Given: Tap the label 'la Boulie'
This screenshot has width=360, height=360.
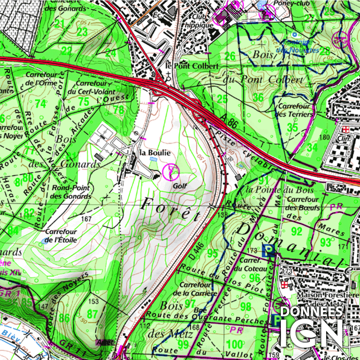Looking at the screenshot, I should click(155, 153).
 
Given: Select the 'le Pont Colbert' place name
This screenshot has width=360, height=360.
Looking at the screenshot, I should click(192, 66).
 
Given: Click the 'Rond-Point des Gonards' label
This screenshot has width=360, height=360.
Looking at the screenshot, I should click(71, 192).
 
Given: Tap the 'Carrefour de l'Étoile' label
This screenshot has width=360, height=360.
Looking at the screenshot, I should click(61, 236).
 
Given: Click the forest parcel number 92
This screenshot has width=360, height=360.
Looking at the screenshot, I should click(297, 231).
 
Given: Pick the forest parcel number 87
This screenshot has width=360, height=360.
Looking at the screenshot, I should click(92, 314).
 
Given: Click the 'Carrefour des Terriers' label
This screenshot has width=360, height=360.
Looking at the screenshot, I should click(294, 110).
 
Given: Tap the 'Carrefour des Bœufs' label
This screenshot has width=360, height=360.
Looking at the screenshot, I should click(302, 203).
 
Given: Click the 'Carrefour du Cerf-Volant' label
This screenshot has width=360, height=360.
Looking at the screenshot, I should click(91, 87).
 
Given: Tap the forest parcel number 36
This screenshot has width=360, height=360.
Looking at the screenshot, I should click(258, 98).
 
